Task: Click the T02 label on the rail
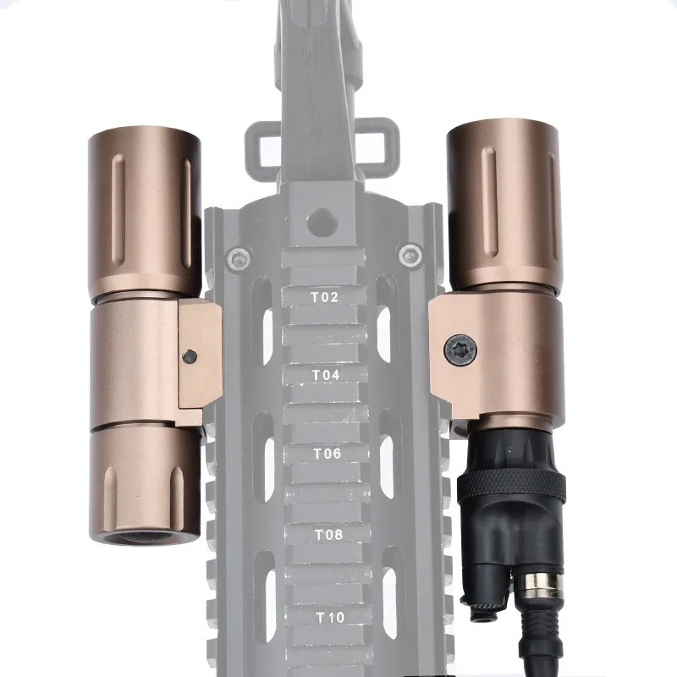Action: pyautogui.click(x=325, y=297)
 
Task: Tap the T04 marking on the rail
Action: pyautogui.click(x=325, y=373)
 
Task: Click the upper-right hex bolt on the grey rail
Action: pyautogui.click(x=411, y=252)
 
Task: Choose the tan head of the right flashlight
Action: pyautogui.click(x=503, y=203)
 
